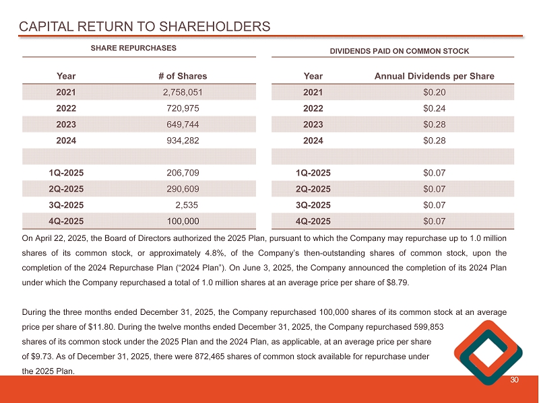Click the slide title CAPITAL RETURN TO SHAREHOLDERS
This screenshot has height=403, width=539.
(x=145, y=27)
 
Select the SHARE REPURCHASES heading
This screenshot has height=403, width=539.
(x=133, y=48)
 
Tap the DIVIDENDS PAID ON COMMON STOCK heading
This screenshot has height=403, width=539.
(x=400, y=51)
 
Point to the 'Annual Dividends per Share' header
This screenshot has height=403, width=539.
(x=434, y=77)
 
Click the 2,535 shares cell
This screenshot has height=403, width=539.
(x=186, y=205)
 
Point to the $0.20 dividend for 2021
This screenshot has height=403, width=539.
(x=434, y=92)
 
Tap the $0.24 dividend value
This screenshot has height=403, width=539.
(x=434, y=108)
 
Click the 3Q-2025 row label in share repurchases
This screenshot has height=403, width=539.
(x=67, y=205)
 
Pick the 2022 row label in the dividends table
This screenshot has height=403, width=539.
(x=313, y=108)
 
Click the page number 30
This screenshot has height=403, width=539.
(x=515, y=382)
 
